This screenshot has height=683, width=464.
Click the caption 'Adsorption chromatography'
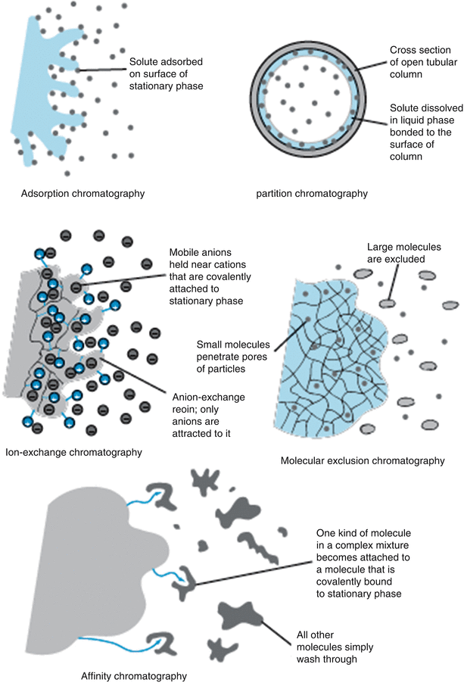coord(83,194)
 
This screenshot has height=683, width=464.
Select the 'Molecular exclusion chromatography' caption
coord(361,460)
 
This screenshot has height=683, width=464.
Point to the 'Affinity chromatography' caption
coord(133,675)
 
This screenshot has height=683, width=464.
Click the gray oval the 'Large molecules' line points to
coord(387,304)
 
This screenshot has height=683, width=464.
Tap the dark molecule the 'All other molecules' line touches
coord(239,614)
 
